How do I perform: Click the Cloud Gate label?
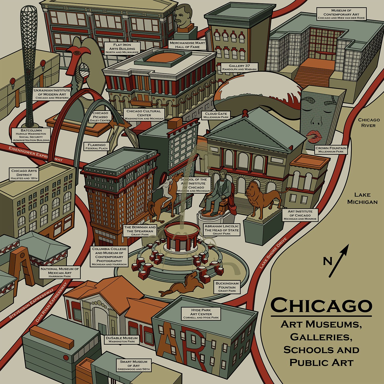(216, 115)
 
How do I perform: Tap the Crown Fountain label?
(331, 150)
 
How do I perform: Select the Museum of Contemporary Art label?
(341, 14)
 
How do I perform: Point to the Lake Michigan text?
(362, 198)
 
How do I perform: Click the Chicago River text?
(369, 123)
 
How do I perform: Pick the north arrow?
(338, 261)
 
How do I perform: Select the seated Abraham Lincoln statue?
(220, 192)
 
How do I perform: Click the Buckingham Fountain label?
(227, 287)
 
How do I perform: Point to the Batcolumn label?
(31, 135)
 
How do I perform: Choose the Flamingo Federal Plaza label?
(97, 146)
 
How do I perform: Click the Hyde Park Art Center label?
(201, 314)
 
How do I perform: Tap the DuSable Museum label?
(122, 339)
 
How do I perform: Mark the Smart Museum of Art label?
(134, 365)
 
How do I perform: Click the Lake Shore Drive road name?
(273, 253)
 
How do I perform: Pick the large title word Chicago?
(321, 305)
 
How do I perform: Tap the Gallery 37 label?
(239, 67)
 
